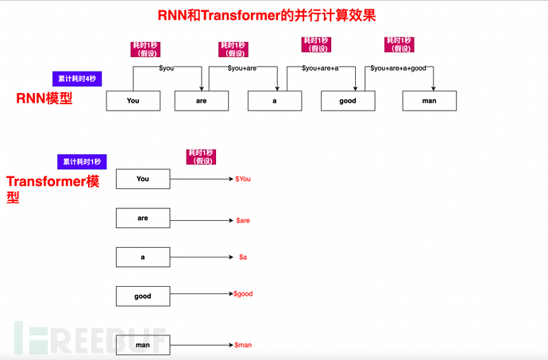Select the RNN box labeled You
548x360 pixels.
click(133, 101)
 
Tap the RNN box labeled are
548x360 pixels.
click(201, 101)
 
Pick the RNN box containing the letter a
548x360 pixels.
click(275, 101)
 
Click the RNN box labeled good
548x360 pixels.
click(348, 101)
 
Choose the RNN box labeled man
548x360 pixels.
click(429, 101)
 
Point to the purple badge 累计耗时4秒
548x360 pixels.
click(77, 79)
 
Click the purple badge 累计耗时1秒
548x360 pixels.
click(80, 161)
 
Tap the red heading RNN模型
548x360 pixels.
click(44, 99)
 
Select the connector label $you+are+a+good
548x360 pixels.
click(398, 68)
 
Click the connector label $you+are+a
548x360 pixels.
click(320, 68)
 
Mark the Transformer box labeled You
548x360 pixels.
click(143, 179)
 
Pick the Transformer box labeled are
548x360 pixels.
click(143, 218)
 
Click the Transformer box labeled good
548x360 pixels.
click(143, 296)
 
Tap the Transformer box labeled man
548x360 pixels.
click(143, 345)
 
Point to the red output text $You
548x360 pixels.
click(243, 179)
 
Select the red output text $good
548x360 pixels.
click(243, 293)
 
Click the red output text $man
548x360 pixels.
click(243, 345)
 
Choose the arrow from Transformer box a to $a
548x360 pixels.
click(200, 257)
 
